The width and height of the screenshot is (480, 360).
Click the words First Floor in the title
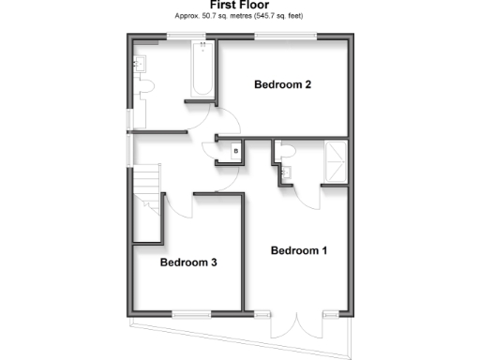click(x=239, y=6)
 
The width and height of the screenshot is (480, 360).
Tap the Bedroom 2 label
click(x=283, y=85)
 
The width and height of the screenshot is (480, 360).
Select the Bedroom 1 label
click(x=299, y=250)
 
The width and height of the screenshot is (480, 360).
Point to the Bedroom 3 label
click(x=187, y=262)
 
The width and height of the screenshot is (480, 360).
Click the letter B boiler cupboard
click(x=236, y=150)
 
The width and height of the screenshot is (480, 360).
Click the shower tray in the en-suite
click(x=336, y=161)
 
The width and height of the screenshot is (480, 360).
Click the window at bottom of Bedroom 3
click(x=191, y=314)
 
